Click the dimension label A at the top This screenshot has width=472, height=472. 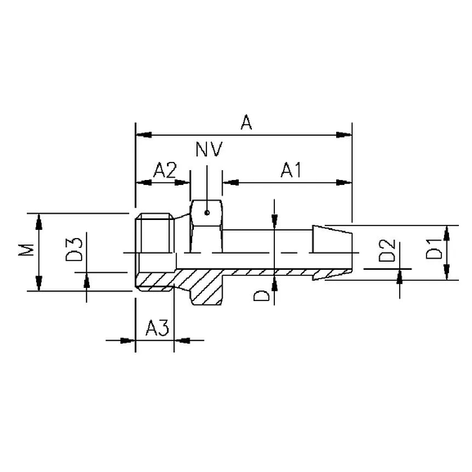point(245,123)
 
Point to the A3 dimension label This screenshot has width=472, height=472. point(156,328)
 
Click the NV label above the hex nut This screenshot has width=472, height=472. point(209,150)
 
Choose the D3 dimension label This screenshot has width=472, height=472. point(74,249)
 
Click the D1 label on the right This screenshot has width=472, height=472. point(434,250)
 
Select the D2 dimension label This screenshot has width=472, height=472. point(387,250)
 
